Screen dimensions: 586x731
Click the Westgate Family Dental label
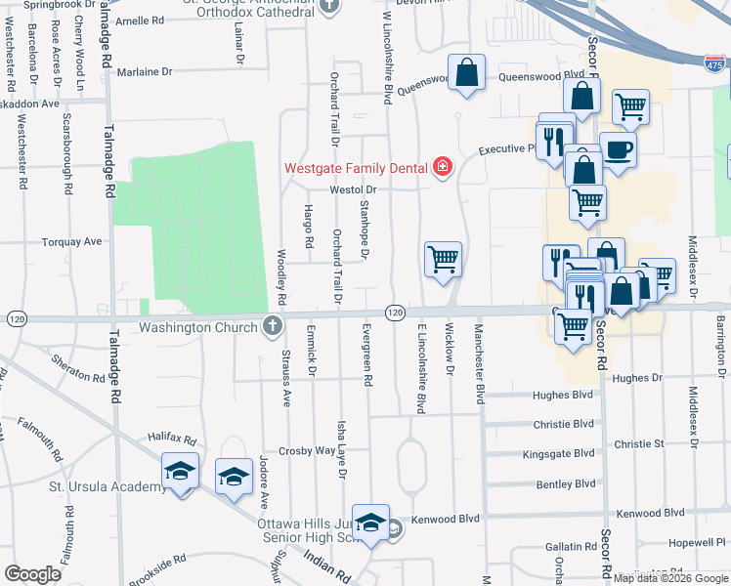click(x=356, y=167)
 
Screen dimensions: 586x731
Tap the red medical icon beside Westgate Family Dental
click(x=443, y=167)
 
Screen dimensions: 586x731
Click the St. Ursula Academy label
click(x=107, y=487)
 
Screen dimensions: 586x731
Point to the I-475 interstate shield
click(x=714, y=63)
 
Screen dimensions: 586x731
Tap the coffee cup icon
click(x=618, y=150)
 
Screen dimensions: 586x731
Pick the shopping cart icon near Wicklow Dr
click(x=443, y=260)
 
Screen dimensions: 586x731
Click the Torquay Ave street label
click(x=71, y=241)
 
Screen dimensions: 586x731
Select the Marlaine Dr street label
click(x=144, y=72)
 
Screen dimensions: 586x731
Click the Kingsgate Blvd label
click(x=559, y=454)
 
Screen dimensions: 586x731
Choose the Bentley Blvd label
click(x=566, y=483)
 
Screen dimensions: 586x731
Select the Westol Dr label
click(x=353, y=189)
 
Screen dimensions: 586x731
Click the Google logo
click(x=32, y=574)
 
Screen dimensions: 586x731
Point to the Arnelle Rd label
click(x=140, y=21)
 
